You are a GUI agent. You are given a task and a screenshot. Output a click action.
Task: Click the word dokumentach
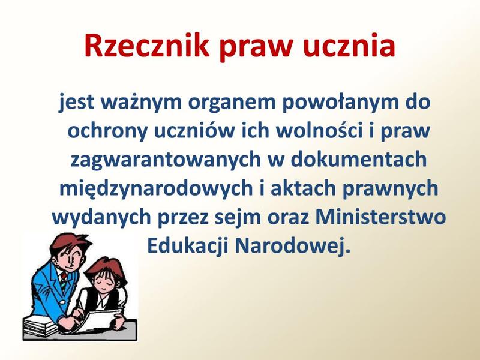pyautogui.click(x=358, y=158)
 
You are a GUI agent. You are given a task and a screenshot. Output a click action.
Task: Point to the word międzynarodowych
pyautogui.click(x=156, y=188)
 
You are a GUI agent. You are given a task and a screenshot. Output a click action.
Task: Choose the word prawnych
pyautogui.click(x=391, y=188)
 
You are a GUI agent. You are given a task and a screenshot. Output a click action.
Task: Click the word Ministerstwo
pyautogui.click(x=380, y=217)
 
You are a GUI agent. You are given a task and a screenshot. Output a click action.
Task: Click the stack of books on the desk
pyautogui.click(x=40, y=326)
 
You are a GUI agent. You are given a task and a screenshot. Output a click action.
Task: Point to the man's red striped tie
pyautogui.click(x=64, y=280)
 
